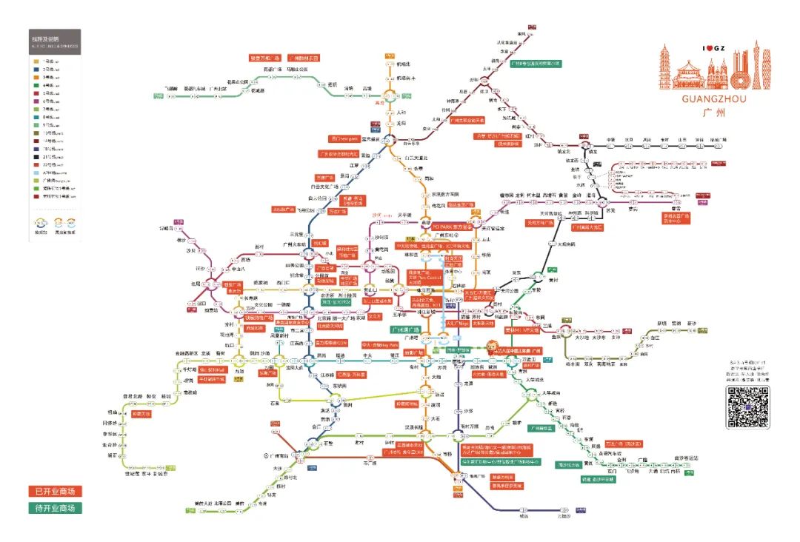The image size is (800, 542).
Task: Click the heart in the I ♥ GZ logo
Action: (710, 49)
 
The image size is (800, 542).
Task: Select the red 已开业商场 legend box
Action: (55, 492)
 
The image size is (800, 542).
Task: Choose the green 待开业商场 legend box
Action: (55, 508)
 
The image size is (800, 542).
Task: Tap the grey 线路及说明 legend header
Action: (54, 38)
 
